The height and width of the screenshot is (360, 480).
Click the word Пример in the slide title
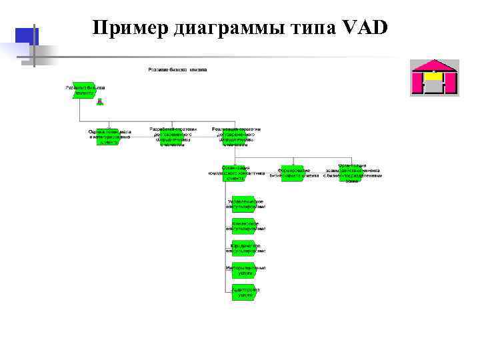coord(130,28)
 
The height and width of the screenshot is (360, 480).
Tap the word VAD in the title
coord(364,28)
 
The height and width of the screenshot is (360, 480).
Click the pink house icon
coord(433,78)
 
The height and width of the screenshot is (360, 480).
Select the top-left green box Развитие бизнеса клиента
coord(85,91)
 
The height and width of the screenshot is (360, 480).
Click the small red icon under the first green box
coord(99,102)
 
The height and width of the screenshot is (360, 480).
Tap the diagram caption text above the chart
coord(177,69)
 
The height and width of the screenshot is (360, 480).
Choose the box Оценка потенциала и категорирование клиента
coord(110,137)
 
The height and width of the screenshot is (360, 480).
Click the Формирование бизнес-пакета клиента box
coord(294,173)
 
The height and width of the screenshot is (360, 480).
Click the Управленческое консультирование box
coord(245,204)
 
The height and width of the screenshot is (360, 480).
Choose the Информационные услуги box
coord(245,270)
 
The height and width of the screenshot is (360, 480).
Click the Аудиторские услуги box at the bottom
coord(245,292)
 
